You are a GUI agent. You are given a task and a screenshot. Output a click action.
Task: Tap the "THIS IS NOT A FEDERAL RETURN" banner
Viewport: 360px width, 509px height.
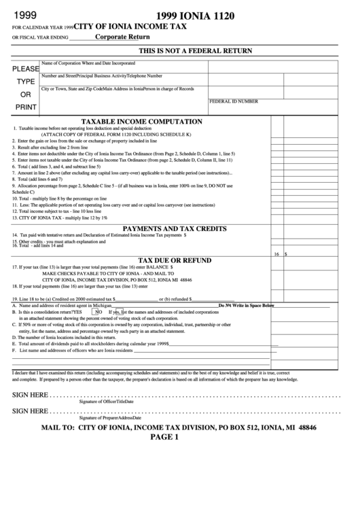coord(195,52)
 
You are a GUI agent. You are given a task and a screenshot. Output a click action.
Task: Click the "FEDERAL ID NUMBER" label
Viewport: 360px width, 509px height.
coord(234,101)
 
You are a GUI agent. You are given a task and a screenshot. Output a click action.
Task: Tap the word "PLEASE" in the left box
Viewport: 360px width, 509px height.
coord(26,69)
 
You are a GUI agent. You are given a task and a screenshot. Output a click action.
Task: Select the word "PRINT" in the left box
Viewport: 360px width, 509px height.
coord(26,107)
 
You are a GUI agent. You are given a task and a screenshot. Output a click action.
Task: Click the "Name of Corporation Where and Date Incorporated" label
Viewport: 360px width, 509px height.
coord(88,62)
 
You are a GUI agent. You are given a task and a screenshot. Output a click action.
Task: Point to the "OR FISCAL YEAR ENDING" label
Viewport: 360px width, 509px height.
coord(40,37)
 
